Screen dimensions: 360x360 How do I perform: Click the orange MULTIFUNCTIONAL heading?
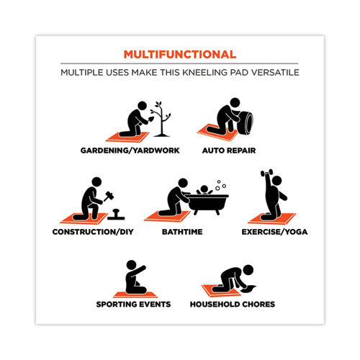[x=180, y=55]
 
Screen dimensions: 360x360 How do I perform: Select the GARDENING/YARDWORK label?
[x=130, y=150]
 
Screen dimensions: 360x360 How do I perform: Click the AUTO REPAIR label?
[x=229, y=150]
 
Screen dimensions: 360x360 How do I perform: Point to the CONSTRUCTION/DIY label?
[x=93, y=232]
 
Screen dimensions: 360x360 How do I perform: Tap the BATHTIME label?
[x=182, y=232]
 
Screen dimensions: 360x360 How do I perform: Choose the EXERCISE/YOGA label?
[x=274, y=232]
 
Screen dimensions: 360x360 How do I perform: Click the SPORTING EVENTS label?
[x=133, y=304]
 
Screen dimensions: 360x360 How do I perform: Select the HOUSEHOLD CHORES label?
[x=233, y=304]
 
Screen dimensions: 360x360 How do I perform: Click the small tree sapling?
[x=161, y=120]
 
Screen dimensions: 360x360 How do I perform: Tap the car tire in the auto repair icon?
[x=246, y=122]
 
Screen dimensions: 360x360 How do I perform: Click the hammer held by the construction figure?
[x=109, y=196]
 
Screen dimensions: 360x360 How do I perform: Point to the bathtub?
[x=207, y=204]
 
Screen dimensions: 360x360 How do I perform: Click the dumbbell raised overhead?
[x=266, y=173]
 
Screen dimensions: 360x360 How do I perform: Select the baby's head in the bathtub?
[x=204, y=189]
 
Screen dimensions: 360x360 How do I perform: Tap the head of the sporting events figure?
[x=132, y=265]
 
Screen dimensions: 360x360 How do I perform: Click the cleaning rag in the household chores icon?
[x=248, y=289]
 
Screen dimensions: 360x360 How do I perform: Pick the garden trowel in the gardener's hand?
[x=151, y=119]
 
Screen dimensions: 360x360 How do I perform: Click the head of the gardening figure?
[x=143, y=106]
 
